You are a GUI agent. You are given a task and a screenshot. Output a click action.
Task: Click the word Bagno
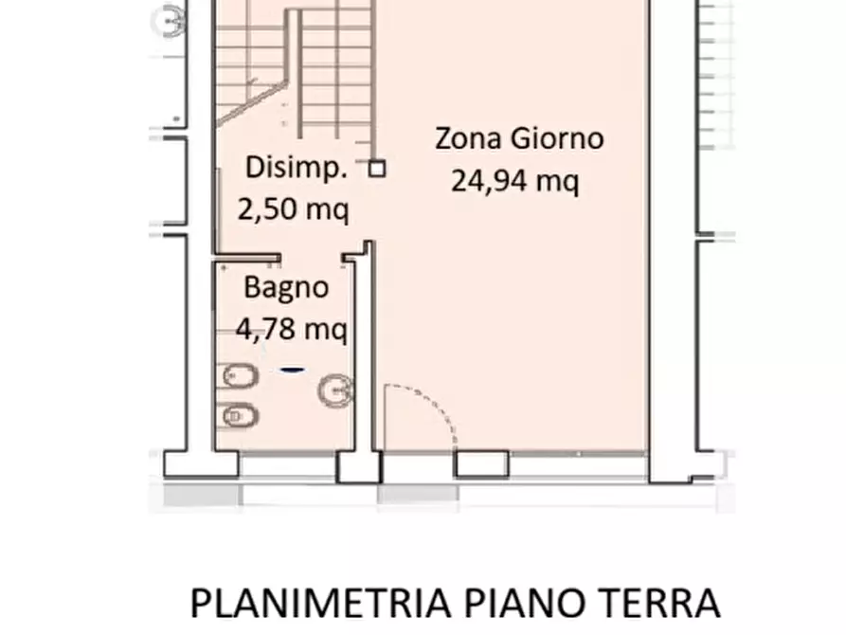[x=286, y=287]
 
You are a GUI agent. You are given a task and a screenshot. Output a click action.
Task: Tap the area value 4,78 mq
[x=292, y=329]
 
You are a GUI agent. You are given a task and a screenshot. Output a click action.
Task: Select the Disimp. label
[x=295, y=169]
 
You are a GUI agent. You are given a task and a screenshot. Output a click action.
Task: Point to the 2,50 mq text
[x=293, y=209]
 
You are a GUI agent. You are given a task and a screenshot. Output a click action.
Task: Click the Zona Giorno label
[x=518, y=138]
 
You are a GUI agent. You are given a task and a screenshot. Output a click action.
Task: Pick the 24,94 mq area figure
[x=514, y=180]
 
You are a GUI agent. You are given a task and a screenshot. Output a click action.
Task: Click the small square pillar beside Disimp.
[x=377, y=169]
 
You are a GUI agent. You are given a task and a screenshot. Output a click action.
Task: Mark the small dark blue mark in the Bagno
[x=292, y=371]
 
